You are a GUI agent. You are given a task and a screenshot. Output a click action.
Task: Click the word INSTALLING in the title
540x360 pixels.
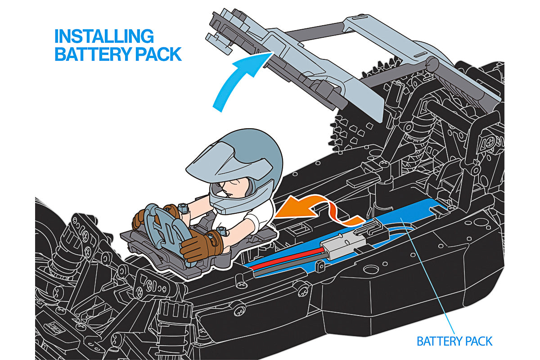[x=104, y=36]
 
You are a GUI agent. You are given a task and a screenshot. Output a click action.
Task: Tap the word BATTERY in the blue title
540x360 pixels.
[x=94, y=54]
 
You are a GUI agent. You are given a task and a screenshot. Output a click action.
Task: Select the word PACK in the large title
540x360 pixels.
[x=158, y=54]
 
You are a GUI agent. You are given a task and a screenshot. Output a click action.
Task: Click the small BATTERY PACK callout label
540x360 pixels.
[x=454, y=341]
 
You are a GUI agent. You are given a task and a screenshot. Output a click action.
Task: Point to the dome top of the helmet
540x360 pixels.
[x=253, y=145]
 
